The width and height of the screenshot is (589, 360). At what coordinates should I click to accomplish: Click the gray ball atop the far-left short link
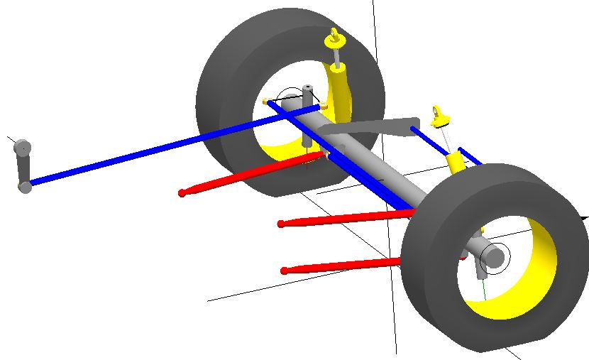point(23,148)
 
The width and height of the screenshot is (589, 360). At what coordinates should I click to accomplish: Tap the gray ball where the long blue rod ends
point(26,187)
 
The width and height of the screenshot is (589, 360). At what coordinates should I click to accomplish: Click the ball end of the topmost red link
point(182,192)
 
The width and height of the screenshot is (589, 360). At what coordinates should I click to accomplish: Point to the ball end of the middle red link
point(281,224)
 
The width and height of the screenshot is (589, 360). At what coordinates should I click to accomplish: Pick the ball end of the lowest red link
point(285,271)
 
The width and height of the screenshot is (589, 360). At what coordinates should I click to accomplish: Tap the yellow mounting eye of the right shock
point(439,114)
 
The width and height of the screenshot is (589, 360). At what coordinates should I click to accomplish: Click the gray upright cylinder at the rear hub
point(308,97)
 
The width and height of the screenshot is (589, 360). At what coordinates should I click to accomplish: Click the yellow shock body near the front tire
point(458,162)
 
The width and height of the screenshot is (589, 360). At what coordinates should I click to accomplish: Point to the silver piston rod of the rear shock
point(335,55)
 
